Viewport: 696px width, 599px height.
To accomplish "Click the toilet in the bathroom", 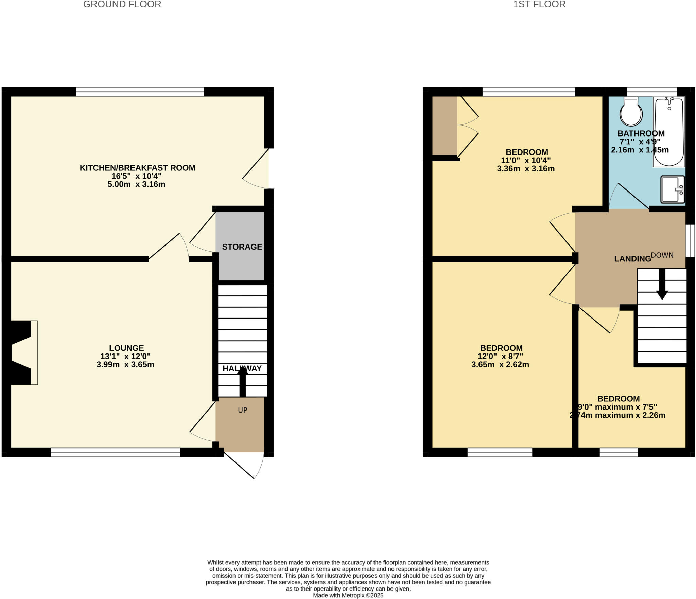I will (x=631, y=112).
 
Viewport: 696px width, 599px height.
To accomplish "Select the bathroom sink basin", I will (x=672, y=189).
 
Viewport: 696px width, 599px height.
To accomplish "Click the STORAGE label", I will (x=242, y=247).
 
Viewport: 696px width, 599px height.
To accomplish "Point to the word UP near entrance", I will (x=243, y=410).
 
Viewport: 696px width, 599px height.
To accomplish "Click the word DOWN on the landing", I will (x=662, y=255).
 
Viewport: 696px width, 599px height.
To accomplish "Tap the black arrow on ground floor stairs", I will (x=242, y=382).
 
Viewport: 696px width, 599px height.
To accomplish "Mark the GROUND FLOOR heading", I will (x=122, y=4).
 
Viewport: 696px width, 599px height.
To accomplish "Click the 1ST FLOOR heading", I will (x=539, y=4).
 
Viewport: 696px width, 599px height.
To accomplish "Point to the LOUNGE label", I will (x=126, y=348).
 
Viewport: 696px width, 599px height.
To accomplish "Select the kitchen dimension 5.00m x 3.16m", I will (x=136, y=184).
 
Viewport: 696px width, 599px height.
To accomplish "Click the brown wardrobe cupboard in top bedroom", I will (x=444, y=126).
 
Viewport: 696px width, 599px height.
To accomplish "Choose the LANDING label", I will (x=632, y=259).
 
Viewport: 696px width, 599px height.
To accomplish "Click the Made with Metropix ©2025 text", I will (x=348, y=595).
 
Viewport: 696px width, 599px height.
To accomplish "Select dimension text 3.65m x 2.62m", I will (x=500, y=365).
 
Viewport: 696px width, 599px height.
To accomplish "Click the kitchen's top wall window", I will (x=140, y=92).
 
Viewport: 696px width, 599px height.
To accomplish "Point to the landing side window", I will (x=690, y=241).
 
